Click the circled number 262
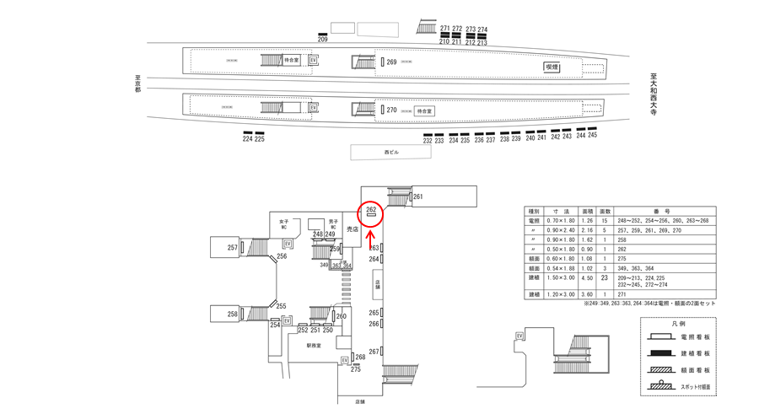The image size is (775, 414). coord(370,209)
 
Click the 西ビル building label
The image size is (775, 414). coord(391,152)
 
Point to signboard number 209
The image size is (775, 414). coord(322,40)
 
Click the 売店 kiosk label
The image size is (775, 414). coord(353,229)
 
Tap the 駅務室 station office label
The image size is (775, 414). coord(315,346)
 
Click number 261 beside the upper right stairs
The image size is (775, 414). coord(418,197)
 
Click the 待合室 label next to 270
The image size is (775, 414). coord(423,110)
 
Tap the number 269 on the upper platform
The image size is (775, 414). coord(391,62)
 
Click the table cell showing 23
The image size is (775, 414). coord(604,277)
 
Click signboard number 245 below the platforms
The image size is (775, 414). coord(592,136)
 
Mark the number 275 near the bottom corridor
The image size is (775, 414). coord(355,369)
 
